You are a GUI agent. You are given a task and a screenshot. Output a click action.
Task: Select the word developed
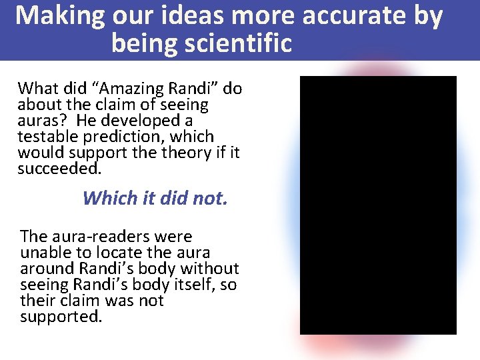pyautogui.click(x=152, y=121)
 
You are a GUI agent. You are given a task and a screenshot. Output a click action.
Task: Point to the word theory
pyautogui.click(x=184, y=153)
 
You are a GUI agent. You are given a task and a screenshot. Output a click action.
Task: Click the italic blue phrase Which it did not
pyautogui.click(x=155, y=198)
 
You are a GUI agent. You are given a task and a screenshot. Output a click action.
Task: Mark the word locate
pyautogui.click(x=114, y=253)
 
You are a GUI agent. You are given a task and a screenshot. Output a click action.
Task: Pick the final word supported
pyautogui.click(x=61, y=317)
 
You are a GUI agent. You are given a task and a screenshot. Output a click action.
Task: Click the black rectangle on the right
pyautogui.click(x=378, y=205)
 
